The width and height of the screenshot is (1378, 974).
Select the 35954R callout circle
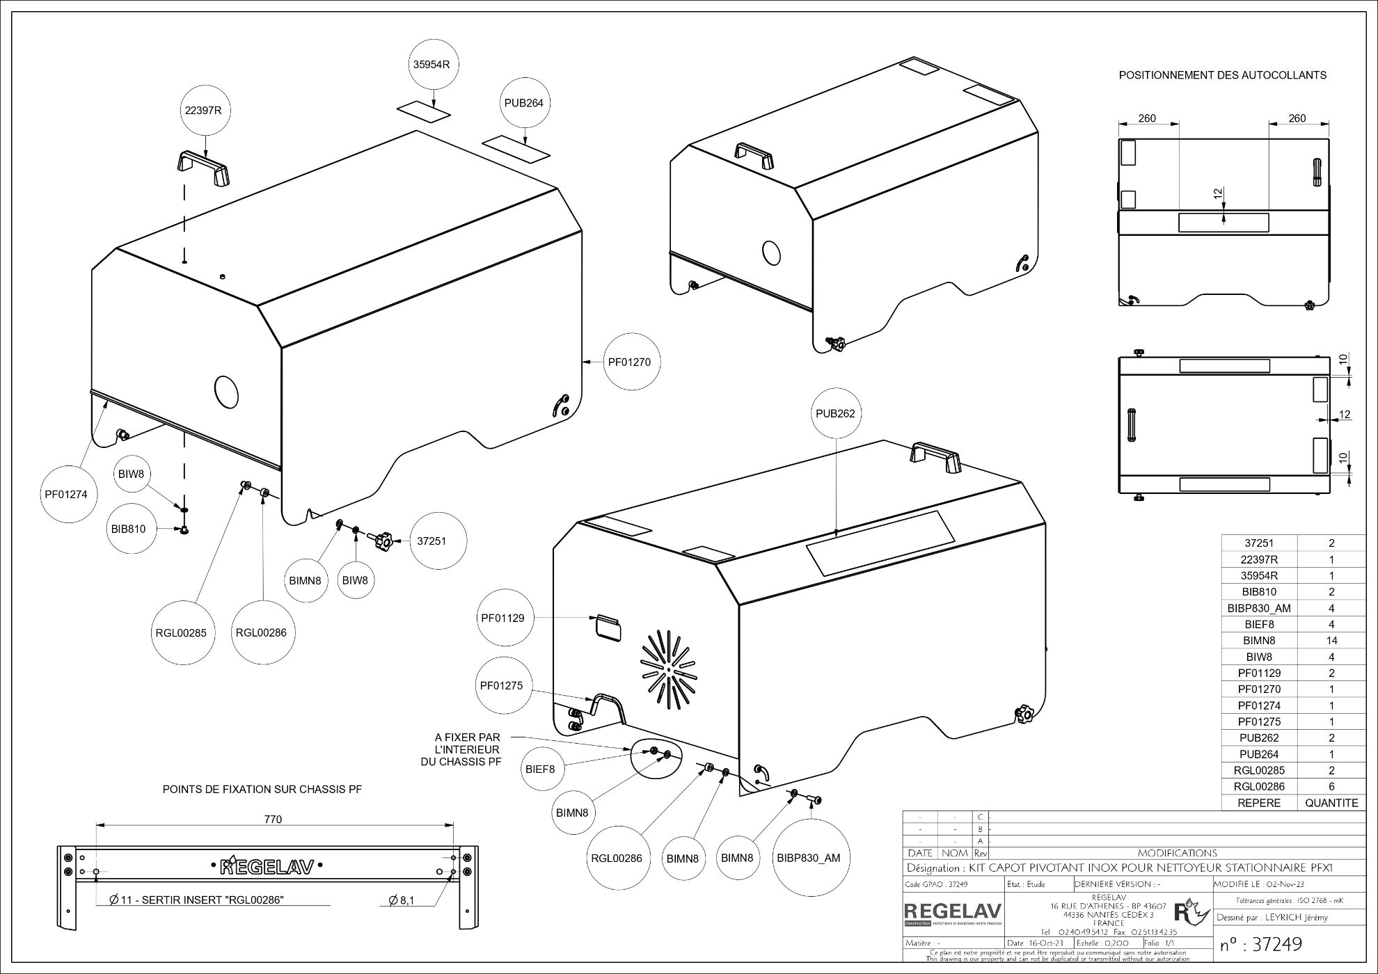(x=431, y=65)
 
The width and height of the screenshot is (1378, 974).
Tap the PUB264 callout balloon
(x=523, y=103)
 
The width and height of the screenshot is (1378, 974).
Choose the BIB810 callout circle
(x=128, y=529)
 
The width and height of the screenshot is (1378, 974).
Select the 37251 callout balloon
(x=431, y=541)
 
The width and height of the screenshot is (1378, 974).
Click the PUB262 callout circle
(x=835, y=413)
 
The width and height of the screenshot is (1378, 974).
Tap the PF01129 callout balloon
(x=502, y=618)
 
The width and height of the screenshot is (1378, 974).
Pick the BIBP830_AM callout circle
(x=808, y=858)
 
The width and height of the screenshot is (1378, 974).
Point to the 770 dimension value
(x=273, y=820)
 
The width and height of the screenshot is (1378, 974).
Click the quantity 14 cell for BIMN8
(x=1331, y=641)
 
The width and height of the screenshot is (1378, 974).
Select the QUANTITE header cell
(x=1331, y=803)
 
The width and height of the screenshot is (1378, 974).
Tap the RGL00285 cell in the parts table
(x=1259, y=771)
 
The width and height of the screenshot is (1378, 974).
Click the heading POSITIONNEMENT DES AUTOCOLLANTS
(x=1222, y=75)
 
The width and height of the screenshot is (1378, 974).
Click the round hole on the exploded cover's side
(x=226, y=392)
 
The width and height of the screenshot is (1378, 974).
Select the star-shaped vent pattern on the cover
(x=668, y=669)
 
